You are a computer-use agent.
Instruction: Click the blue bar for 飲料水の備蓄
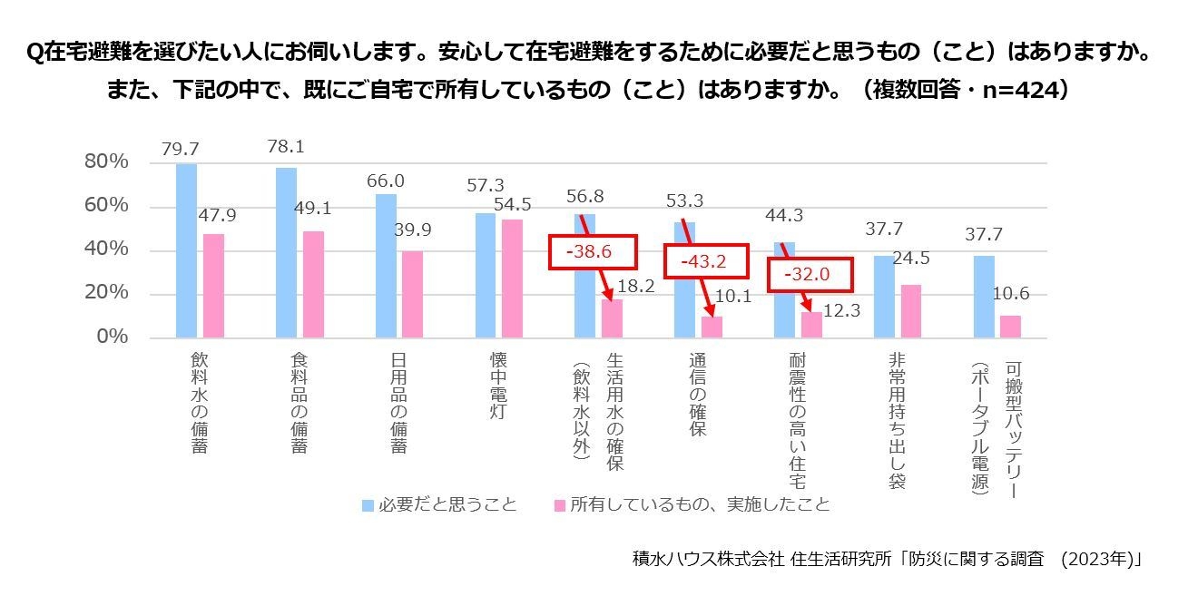tap(186, 250)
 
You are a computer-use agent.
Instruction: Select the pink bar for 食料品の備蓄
tap(313, 284)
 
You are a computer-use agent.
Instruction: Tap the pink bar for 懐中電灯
tap(513, 278)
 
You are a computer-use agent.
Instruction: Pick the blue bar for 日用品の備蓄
tap(386, 265)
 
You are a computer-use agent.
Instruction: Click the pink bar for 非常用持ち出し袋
tap(910, 310)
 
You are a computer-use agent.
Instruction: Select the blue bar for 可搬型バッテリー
tap(984, 296)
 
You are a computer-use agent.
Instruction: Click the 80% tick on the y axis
tap(106, 162)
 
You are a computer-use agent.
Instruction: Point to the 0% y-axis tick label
tap(111, 337)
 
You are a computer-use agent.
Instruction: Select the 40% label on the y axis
tap(106, 250)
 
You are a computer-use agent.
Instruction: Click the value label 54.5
tap(513, 206)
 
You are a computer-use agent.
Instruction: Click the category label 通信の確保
tap(697, 396)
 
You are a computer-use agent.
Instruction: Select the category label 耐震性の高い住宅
tap(798, 422)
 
